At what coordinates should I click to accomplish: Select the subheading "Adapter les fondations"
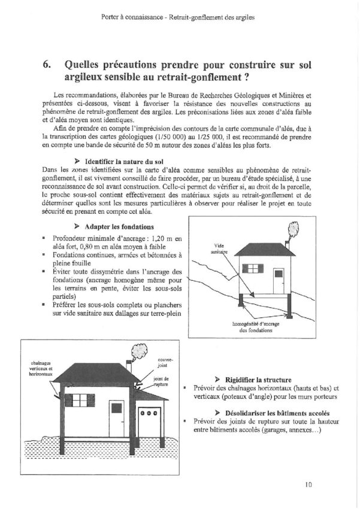119,227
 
